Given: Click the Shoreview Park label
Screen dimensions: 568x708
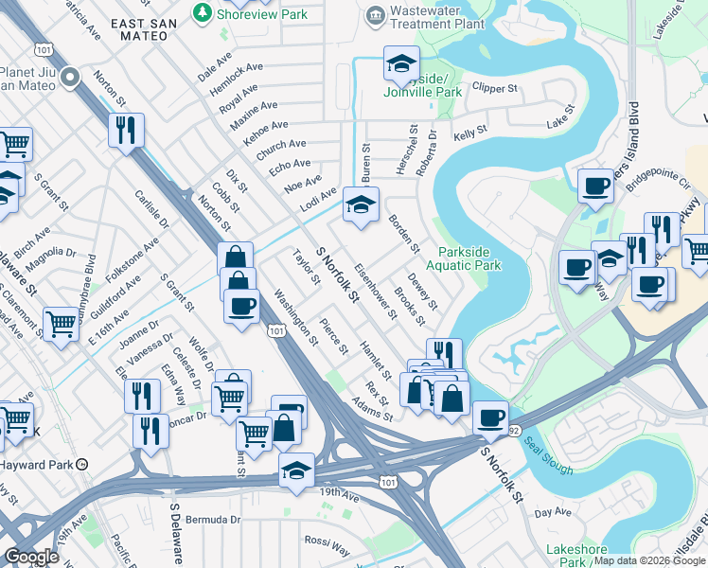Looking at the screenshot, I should pyautogui.click(x=248, y=14).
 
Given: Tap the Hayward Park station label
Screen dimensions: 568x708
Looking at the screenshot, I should pyautogui.click(x=43, y=465).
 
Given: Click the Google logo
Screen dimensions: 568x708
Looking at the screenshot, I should pyautogui.click(x=32, y=557).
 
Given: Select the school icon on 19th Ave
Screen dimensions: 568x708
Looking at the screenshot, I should pyautogui.click(x=296, y=470).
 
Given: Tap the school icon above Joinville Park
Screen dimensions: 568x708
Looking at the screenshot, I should pyautogui.click(x=401, y=64).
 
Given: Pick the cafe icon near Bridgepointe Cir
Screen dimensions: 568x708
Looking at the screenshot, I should pyautogui.click(x=595, y=186).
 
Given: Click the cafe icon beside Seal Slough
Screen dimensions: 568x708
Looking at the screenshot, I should pyautogui.click(x=489, y=417).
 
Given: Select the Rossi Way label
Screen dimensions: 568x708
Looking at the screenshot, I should pyautogui.click(x=327, y=545).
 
